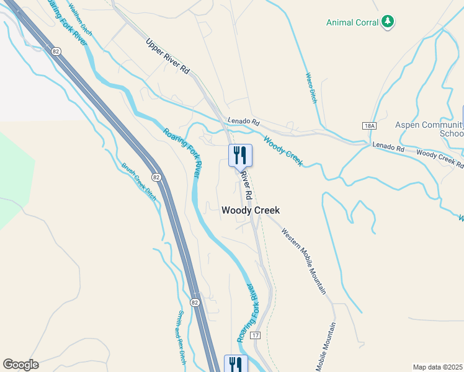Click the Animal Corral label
[x=353, y=23]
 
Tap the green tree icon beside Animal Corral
[x=388, y=22]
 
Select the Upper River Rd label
[x=167, y=57]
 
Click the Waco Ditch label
[x=310, y=87]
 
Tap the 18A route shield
[x=370, y=125]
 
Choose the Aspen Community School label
[x=429, y=129]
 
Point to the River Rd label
[x=246, y=185]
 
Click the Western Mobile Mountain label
[x=303, y=261]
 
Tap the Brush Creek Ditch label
[x=139, y=181]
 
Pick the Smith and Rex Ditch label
[x=182, y=337]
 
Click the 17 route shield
[x=255, y=335]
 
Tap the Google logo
[x=20, y=365]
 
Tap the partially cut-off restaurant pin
[x=235, y=364]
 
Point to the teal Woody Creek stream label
[x=283, y=151]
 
